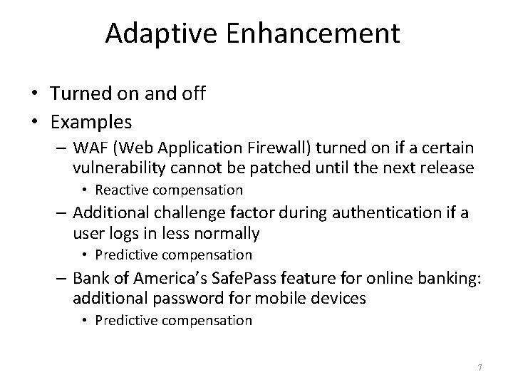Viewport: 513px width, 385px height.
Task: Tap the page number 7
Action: coord(480,368)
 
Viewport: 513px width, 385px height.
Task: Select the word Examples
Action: coord(91,122)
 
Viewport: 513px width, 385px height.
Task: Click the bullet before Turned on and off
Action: coord(33,95)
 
